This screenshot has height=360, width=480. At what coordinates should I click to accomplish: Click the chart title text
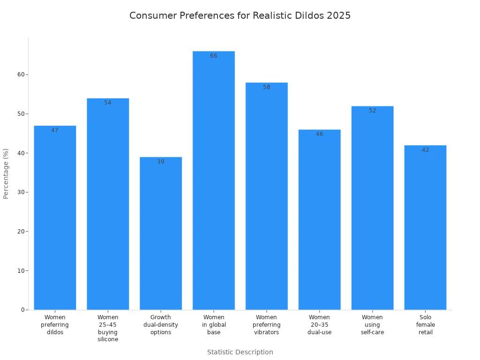(x=240, y=15)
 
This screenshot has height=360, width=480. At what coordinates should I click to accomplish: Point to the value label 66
(x=214, y=56)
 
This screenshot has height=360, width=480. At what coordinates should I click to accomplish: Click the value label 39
(x=161, y=162)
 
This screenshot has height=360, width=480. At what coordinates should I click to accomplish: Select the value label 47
(x=55, y=130)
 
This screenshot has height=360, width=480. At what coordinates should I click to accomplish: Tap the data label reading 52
(x=373, y=111)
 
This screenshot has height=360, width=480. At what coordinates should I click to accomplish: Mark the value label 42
(x=425, y=150)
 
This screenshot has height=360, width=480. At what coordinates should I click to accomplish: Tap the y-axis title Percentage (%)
(x=6, y=173)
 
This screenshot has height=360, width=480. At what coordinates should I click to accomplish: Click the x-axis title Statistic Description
(x=240, y=352)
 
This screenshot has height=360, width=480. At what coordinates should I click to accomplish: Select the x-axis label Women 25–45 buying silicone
(x=108, y=328)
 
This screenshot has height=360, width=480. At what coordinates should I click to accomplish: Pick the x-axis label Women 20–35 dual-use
(x=320, y=325)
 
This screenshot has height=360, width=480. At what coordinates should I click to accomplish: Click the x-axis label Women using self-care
(x=373, y=325)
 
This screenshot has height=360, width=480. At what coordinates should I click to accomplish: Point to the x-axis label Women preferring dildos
(x=55, y=325)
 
